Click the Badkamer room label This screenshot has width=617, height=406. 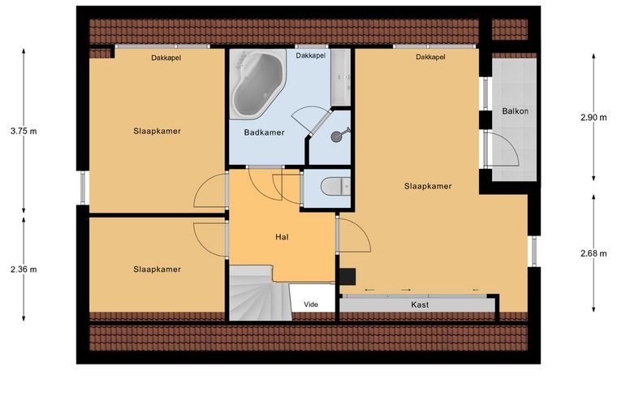click(x=264, y=132)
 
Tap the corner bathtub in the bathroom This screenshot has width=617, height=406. click(x=257, y=84)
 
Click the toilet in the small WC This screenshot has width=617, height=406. click(x=335, y=187)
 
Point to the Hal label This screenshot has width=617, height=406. click(x=282, y=237)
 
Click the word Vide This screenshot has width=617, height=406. click(x=311, y=304)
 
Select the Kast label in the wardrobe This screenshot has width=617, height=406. click(x=420, y=304)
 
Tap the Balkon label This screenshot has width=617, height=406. click(x=515, y=111)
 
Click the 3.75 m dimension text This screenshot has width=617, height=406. click(x=24, y=132)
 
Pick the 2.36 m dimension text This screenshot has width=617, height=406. click(x=24, y=270)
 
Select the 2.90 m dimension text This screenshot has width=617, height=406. click(x=593, y=117)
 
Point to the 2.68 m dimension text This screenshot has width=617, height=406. click(x=593, y=253)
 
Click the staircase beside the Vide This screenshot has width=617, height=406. click(x=260, y=293)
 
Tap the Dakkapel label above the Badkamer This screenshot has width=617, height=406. click(x=311, y=55)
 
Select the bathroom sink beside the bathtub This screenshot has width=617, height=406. click(x=340, y=77)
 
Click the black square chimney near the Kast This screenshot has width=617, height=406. click(x=347, y=277)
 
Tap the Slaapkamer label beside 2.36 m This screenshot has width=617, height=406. click(x=157, y=270)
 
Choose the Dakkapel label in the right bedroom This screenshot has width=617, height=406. click(x=430, y=57)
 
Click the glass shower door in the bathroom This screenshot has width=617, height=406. click(x=320, y=123)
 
